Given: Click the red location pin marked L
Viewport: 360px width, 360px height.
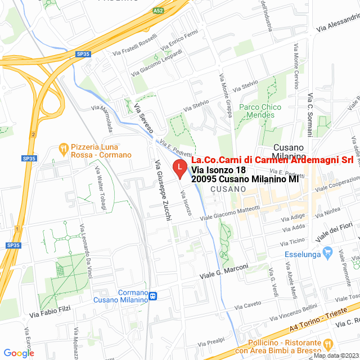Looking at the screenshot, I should click(179, 168).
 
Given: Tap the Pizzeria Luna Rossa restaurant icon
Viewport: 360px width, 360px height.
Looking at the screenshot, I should click(63, 150).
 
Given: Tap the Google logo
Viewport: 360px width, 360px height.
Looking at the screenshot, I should click(19, 353).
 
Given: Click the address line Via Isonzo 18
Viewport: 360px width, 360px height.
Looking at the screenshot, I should click(218, 169).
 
